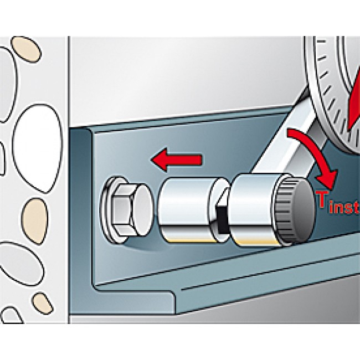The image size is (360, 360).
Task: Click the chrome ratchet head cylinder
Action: pos(251,210)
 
